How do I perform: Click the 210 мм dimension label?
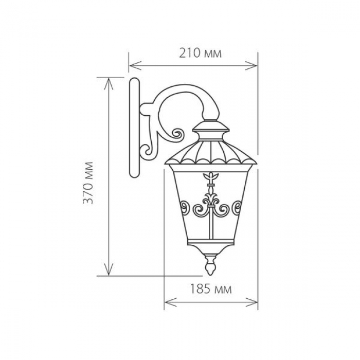(x=200, y=53)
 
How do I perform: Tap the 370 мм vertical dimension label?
(x=88, y=183)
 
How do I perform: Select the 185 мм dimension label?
(x=211, y=289)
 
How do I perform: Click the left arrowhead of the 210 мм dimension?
(x=135, y=65)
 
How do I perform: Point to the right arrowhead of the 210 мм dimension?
(x=251, y=65)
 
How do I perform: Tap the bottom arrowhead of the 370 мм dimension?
(x=109, y=269)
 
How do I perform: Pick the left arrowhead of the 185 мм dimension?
(x=171, y=302)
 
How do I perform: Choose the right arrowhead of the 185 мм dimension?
(x=251, y=302)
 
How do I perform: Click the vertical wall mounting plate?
(x=134, y=128)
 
